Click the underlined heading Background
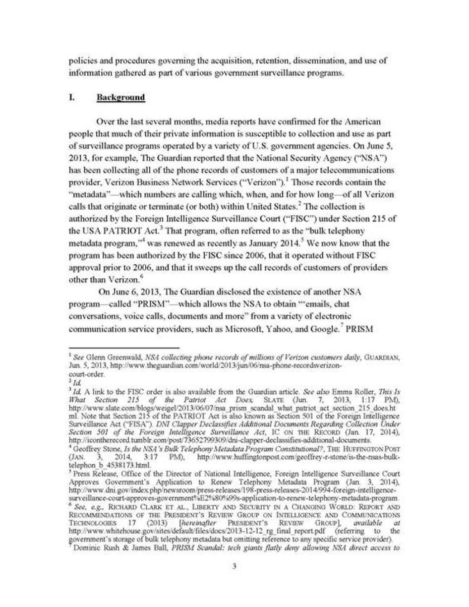(x=120, y=97)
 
